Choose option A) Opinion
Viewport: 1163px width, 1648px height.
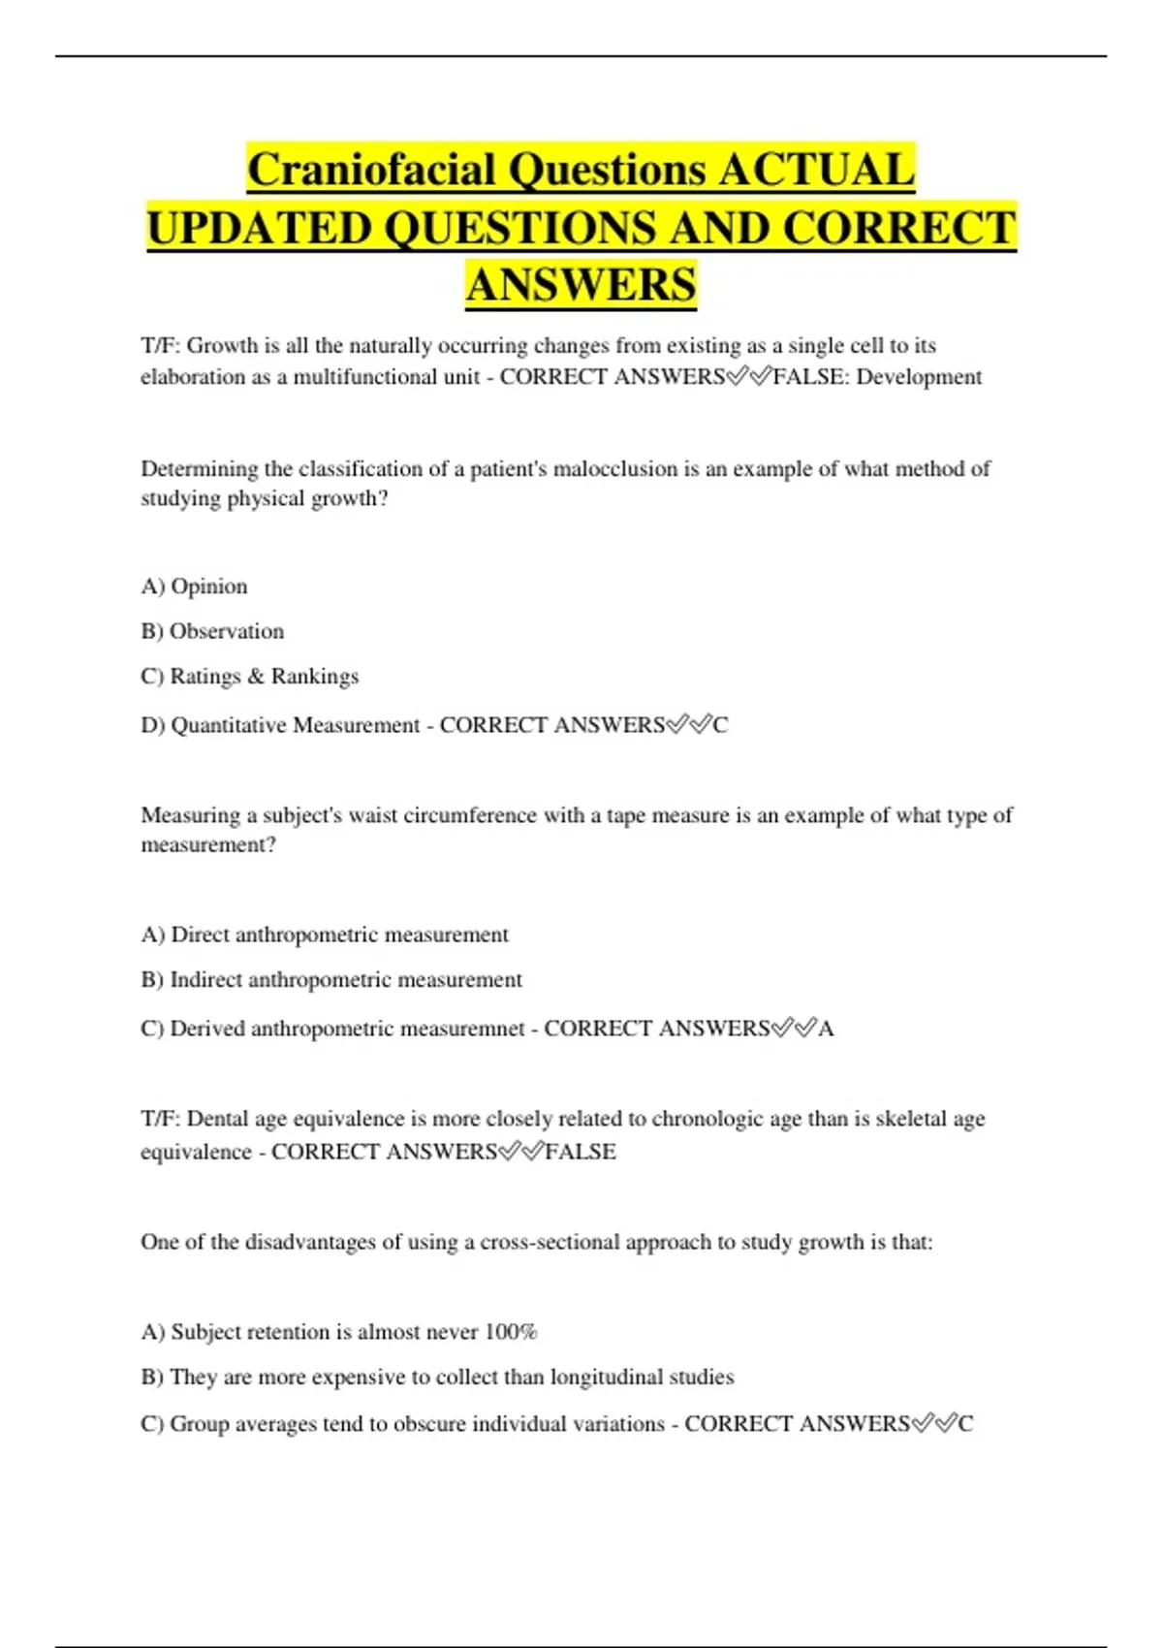click(194, 586)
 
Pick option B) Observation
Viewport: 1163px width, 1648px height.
click(212, 631)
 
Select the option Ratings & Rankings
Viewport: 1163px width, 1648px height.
click(264, 677)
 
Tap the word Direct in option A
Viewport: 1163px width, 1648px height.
click(200, 935)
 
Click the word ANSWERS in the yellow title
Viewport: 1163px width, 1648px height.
click(581, 285)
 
